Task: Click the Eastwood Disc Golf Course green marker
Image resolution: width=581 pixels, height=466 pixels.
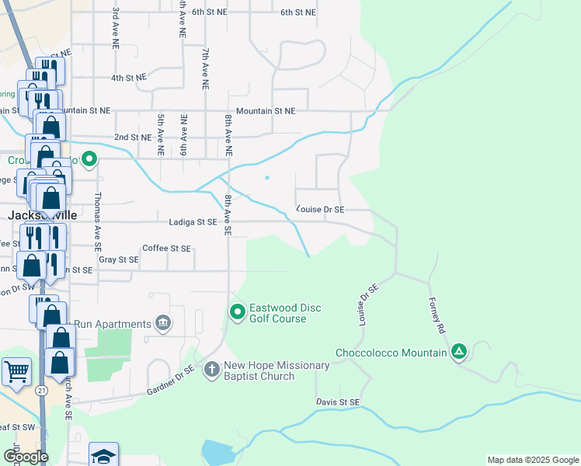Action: tap(238, 312)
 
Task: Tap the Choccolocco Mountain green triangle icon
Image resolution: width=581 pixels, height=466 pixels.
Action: tap(459, 353)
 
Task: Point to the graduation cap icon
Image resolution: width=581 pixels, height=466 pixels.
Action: tap(103, 456)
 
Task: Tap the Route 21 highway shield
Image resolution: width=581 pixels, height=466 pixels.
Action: tap(41, 389)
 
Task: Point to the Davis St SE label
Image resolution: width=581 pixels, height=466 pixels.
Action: tap(338, 402)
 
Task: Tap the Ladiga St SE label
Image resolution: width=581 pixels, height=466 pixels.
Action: tap(192, 222)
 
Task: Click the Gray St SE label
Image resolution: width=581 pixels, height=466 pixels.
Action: tap(119, 259)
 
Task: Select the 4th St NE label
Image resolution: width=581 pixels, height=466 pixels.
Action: tap(129, 78)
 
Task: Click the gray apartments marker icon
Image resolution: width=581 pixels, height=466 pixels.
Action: tap(163, 322)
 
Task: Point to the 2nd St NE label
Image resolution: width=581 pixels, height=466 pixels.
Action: tap(133, 137)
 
